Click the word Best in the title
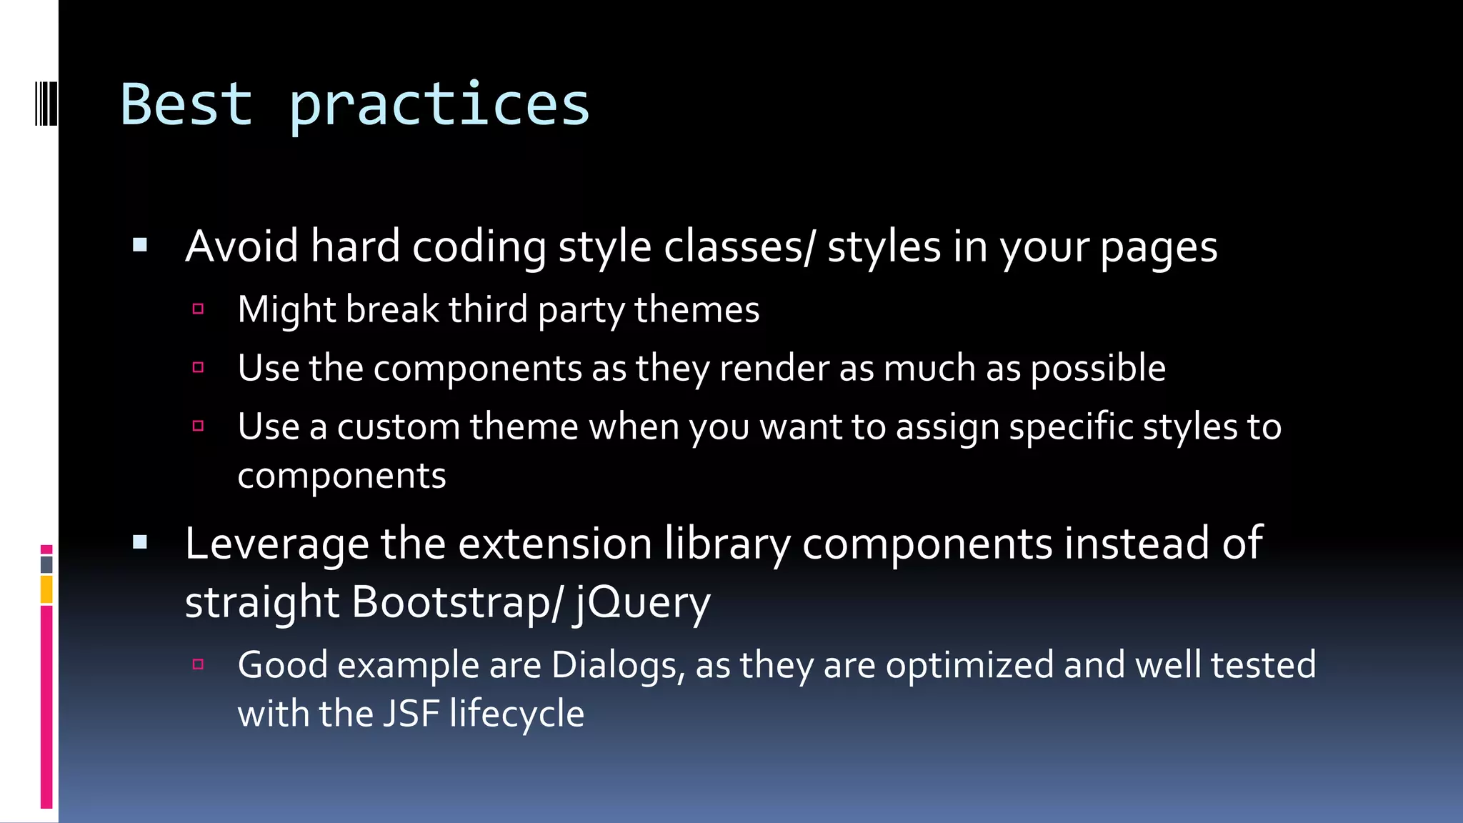click(x=186, y=104)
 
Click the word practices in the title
click(x=439, y=106)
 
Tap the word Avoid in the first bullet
click(x=241, y=246)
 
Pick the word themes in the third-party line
click(x=696, y=310)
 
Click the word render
click(x=774, y=369)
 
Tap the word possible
click(x=1098, y=369)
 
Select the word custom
click(x=399, y=427)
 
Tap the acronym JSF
click(x=411, y=714)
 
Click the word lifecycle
click(x=517, y=714)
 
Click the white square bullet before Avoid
click(x=140, y=246)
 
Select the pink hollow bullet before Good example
click(x=199, y=664)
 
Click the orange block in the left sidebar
click(x=46, y=590)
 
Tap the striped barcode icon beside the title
click(x=46, y=104)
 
